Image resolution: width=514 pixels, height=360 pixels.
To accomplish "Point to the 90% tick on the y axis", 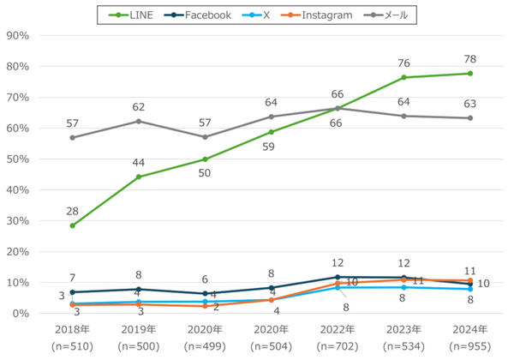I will [x=18, y=36].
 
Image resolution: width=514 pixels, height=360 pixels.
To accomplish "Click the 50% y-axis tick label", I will [x=18, y=159].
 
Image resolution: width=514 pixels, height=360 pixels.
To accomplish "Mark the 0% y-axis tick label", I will [x=21, y=314].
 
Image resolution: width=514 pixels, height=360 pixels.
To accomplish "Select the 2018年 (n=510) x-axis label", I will [x=73, y=338].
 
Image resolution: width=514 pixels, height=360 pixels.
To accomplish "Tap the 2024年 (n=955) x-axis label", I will [x=470, y=338].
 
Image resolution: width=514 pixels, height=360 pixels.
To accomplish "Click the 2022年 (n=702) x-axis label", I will [x=338, y=338].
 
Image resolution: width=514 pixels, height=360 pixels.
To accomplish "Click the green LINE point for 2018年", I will [x=73, y=226].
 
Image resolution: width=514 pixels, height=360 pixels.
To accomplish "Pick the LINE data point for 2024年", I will [x=470, y=74].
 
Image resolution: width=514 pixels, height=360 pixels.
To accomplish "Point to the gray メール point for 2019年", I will [x=139, y=121].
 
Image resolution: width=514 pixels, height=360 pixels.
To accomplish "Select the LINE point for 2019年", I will [x=139, y=177].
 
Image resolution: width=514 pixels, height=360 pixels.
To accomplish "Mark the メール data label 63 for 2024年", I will [x=470, y=105].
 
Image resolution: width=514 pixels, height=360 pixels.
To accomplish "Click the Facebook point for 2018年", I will [x=73, y=292].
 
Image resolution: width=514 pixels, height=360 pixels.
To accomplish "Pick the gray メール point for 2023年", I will [x=404, y=116].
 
